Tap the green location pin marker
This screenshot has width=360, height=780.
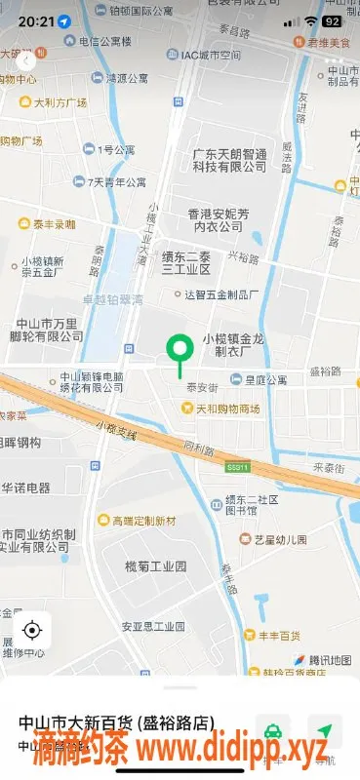pos(179,349)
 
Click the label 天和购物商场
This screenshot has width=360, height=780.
pos(223,408)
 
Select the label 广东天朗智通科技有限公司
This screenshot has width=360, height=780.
pos(228,160)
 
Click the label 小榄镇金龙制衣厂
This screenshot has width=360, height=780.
pos(233,344)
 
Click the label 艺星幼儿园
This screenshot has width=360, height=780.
pos(280,539)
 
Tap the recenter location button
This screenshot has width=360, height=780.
pos(32,629)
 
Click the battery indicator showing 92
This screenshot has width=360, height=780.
pos(332,20)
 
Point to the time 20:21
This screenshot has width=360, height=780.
pos(35,20)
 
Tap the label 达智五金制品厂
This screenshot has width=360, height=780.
pos(220,292)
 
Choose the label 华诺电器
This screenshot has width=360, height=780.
pos(25,487)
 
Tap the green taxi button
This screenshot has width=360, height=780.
pos(274,731)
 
